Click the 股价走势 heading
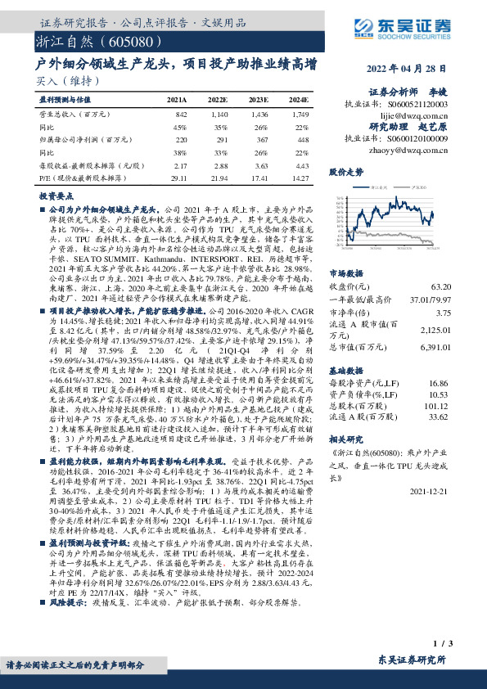tap(346, 173)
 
